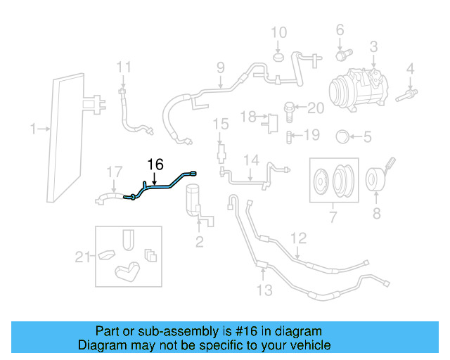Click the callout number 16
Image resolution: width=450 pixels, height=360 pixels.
tap(155, 165)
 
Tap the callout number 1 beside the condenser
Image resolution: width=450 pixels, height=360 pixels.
tap(33, 129)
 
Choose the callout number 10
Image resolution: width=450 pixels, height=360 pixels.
tap(279, 32)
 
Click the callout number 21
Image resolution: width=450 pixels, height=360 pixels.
tap(84, 257)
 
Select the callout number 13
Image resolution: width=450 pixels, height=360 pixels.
tap(264, 290)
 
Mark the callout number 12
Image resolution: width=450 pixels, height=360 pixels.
tap(300, 238)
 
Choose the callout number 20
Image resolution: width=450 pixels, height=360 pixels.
tap(316, 108)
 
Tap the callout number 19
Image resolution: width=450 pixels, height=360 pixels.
tap(311, 134)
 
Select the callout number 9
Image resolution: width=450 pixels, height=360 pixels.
tap(220, 68)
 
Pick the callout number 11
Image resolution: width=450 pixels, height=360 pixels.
tap(124, 67)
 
